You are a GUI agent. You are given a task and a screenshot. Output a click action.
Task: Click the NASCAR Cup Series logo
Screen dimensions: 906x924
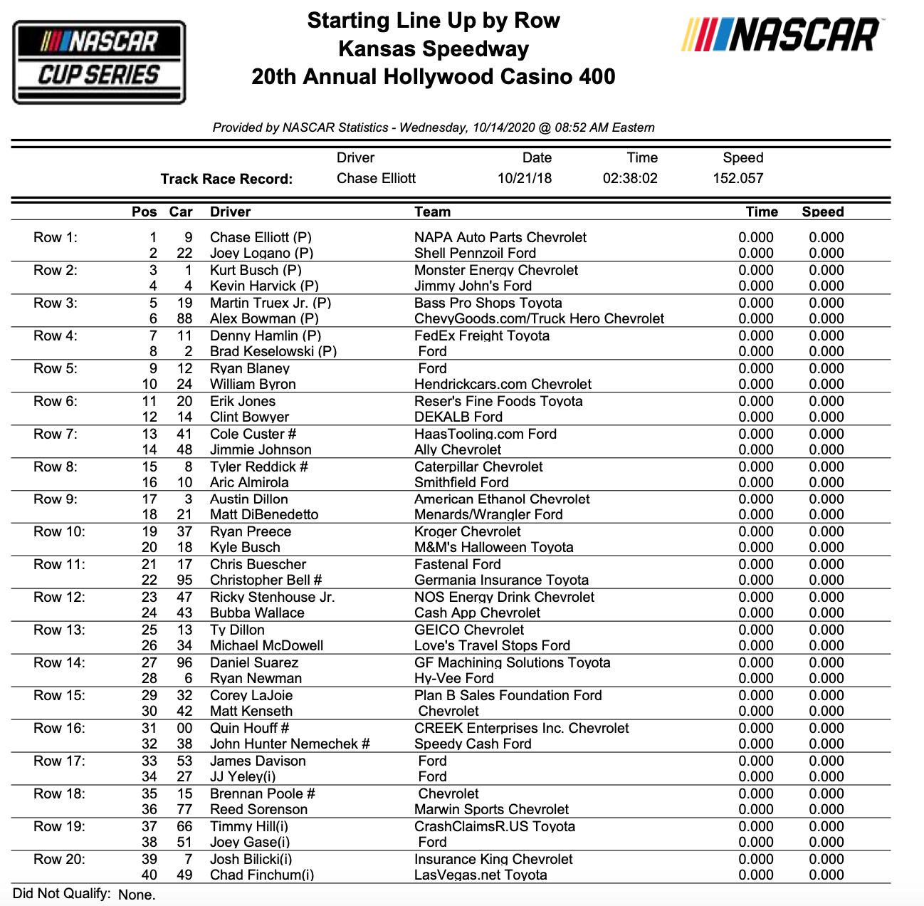(99, 63)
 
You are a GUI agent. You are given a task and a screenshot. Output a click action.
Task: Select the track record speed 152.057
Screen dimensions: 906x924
(738, 178)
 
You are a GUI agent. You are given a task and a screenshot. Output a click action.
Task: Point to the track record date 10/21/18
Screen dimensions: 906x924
(525, 178)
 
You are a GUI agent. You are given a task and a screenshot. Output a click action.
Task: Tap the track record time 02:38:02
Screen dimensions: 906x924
(630, 178)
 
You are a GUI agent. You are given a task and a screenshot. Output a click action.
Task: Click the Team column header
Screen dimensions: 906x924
(432, 212)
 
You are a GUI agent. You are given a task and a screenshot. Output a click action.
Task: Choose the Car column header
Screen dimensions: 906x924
(181, 212)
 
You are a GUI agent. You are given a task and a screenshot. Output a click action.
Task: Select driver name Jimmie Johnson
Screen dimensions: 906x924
(261, 449)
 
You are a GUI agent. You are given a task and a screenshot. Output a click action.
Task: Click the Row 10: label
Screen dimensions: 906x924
(59, 531)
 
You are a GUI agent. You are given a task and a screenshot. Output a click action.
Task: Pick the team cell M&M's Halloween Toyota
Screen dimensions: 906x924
(493, 547)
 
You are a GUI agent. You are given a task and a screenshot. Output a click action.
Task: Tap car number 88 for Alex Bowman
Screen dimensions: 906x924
(184, 318)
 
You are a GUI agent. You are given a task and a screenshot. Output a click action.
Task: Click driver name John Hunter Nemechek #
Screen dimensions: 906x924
(290, 744)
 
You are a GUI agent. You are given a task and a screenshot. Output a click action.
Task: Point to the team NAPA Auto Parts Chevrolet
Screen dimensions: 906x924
(500, 237)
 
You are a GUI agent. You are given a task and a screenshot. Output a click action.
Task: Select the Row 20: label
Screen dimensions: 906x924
(59, 859)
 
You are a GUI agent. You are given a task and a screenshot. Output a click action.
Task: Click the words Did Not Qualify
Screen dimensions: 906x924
(62, 893)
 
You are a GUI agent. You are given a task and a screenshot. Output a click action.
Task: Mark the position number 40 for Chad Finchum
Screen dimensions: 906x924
(149, 875)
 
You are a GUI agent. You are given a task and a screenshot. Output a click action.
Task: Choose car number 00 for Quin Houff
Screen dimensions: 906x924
(184, 728)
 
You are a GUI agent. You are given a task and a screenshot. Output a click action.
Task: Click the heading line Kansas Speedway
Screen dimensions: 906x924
(434, 49)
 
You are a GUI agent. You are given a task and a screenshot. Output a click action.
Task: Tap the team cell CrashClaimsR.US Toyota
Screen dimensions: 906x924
(495, 826)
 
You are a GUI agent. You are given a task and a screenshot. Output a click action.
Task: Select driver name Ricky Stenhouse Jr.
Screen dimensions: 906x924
(272, 597)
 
